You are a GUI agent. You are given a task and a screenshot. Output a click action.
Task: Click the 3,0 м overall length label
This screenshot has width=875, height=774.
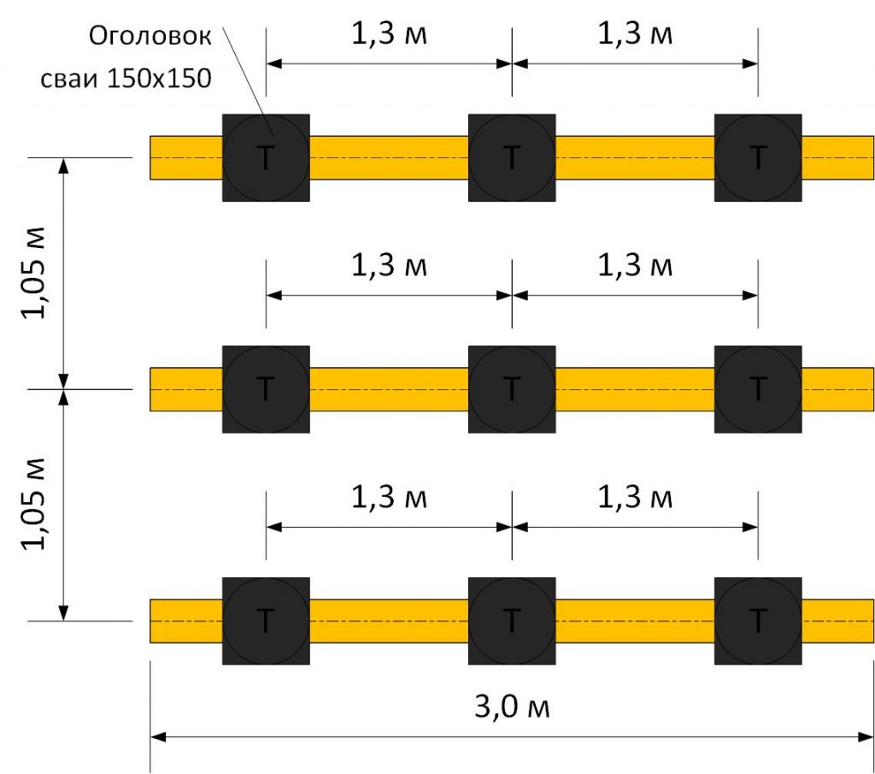[512, 706]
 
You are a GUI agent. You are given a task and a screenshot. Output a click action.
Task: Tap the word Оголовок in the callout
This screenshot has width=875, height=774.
[150, 36]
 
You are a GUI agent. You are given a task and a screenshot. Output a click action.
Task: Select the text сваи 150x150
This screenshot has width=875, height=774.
[126, 78]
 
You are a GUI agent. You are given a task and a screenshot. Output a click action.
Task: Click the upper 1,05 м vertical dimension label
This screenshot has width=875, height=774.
[33, 273]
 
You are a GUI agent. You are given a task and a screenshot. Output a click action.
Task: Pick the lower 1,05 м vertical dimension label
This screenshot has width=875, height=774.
[33, 504]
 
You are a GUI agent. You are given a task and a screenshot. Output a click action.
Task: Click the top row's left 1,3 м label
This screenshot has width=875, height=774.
[389, 33]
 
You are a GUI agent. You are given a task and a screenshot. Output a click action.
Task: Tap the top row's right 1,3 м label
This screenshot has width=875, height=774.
[635, 33]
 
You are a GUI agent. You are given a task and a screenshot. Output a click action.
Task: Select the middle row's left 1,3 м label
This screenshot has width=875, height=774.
[389, 265]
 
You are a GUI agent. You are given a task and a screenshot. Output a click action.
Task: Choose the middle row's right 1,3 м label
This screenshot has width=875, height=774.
[635, 265]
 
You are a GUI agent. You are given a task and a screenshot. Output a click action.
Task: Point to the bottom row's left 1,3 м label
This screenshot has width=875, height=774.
[389, 496]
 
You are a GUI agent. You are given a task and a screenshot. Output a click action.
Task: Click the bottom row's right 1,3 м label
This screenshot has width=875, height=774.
[635, 496]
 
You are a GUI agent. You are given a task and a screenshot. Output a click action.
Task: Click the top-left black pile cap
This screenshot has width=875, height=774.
[267, 158]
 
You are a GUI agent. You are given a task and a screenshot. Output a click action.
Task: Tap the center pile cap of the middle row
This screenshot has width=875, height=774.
[512, 389]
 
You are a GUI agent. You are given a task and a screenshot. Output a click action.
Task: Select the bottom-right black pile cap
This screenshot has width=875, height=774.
[758, 621]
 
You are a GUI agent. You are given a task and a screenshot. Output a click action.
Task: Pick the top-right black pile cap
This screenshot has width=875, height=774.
[758, 158]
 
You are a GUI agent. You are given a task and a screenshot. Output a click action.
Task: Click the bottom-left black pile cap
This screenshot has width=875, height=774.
[267, 621]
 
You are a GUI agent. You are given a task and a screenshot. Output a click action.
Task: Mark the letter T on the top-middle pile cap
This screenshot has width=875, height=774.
[512, 157]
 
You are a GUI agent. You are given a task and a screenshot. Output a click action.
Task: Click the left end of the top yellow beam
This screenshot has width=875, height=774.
[150, 158]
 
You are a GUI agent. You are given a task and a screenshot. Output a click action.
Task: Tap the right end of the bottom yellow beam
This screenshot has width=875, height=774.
[873, 621]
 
